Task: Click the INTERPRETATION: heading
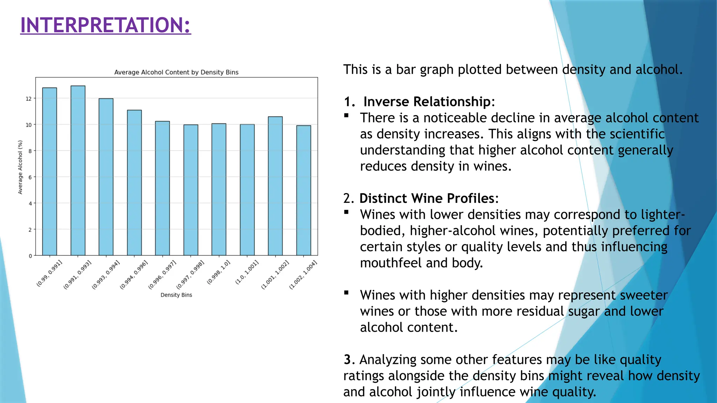click(105, 25)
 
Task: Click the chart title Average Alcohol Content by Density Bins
click(176, 72)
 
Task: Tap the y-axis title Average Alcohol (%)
click(20, 167)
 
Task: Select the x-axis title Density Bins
click(176, 295)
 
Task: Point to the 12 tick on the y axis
click(29, 99)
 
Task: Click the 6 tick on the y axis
click(30, 177)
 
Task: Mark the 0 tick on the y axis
click(30, 256)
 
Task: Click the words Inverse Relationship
click(427, 102)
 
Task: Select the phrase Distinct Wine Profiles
click(427, 198)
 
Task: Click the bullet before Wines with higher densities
click(346, 293)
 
